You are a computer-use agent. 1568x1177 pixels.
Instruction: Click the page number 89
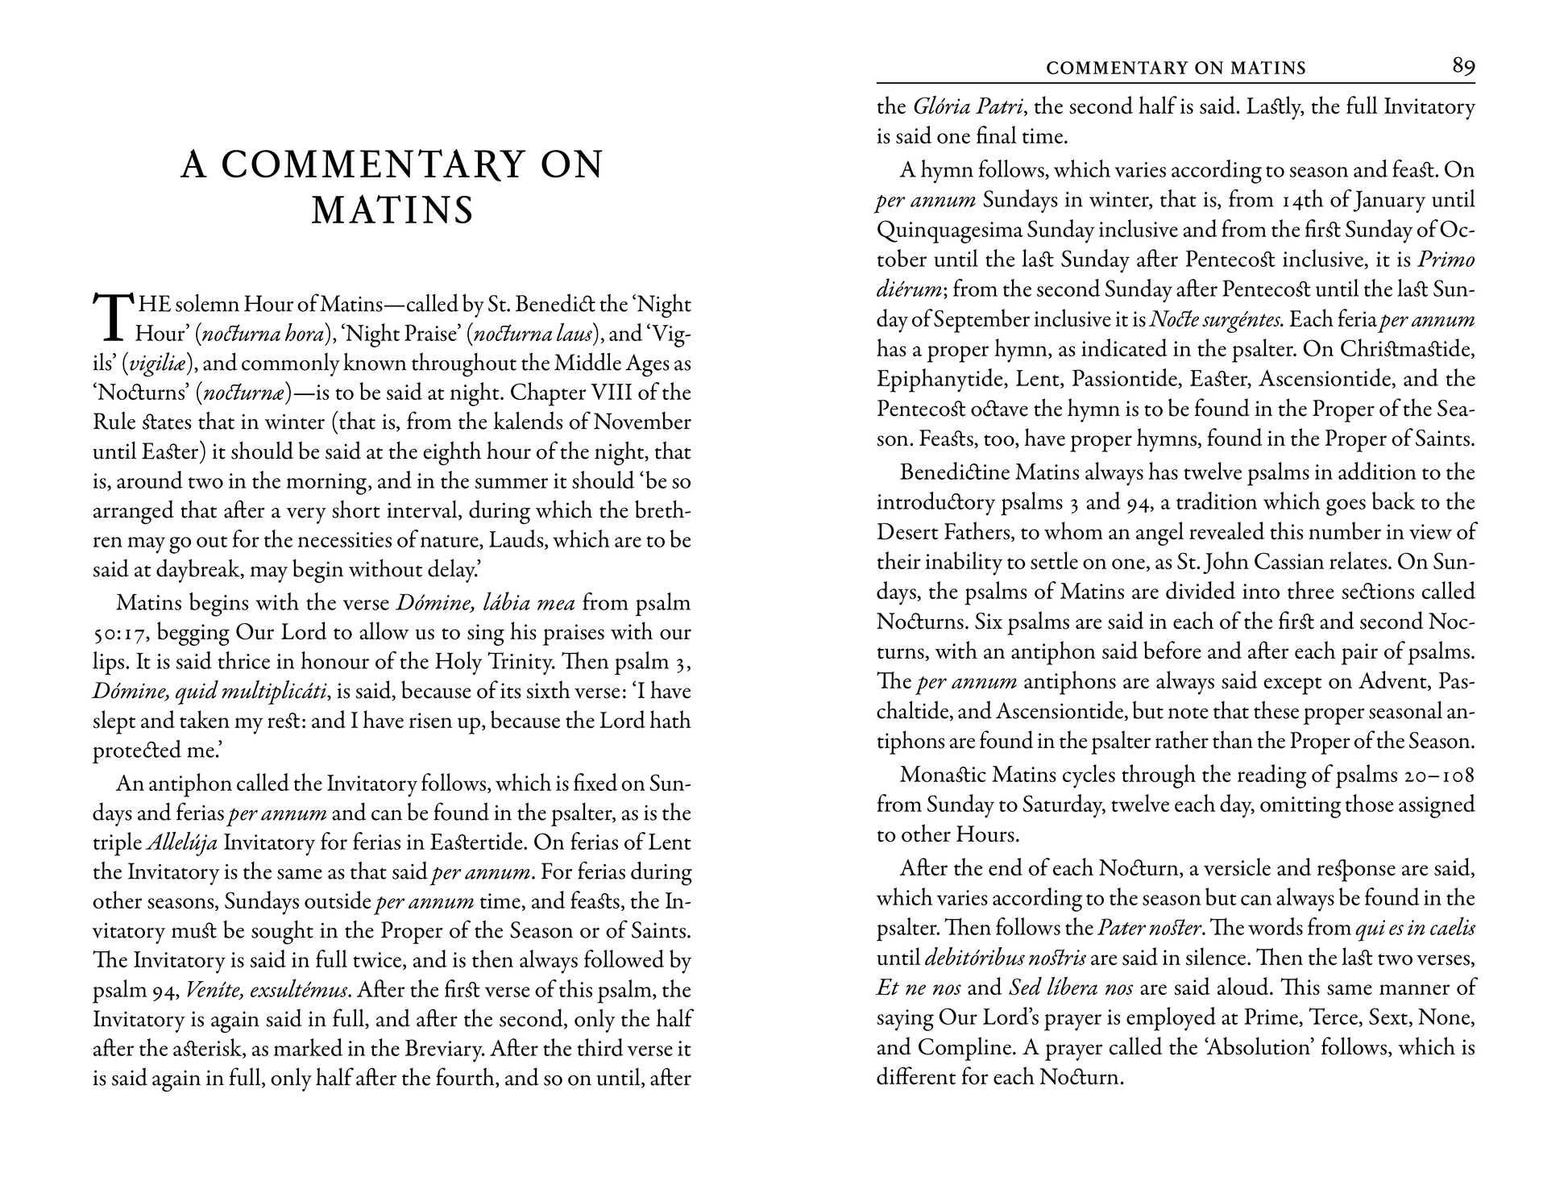coord(1463,66)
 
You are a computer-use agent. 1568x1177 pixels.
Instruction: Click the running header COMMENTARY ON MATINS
coord(1176,69)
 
